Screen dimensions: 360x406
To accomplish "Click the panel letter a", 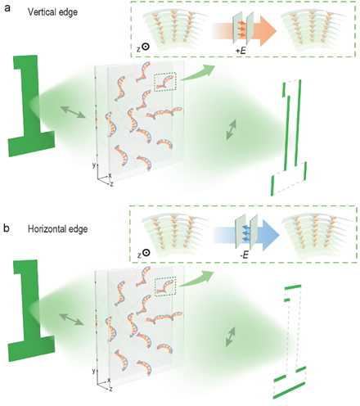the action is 7,8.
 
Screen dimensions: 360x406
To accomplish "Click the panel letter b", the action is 7,228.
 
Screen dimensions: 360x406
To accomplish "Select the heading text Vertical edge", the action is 52,12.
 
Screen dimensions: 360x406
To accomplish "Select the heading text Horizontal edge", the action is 58,228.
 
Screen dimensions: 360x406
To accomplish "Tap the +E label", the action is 241,51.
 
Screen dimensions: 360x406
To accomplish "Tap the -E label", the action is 244,255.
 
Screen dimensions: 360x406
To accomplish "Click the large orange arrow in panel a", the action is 245,30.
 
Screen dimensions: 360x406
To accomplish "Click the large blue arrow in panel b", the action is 246,235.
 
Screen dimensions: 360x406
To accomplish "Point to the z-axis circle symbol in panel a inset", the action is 146,47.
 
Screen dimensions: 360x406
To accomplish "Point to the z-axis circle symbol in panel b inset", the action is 146,253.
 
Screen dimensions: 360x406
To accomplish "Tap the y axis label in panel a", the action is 94,165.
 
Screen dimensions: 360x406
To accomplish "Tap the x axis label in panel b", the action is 109,380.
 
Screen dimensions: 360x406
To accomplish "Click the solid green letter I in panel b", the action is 30,310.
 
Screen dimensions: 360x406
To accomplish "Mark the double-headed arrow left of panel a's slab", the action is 73,112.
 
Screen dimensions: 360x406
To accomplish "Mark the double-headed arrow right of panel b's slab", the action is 231,336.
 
